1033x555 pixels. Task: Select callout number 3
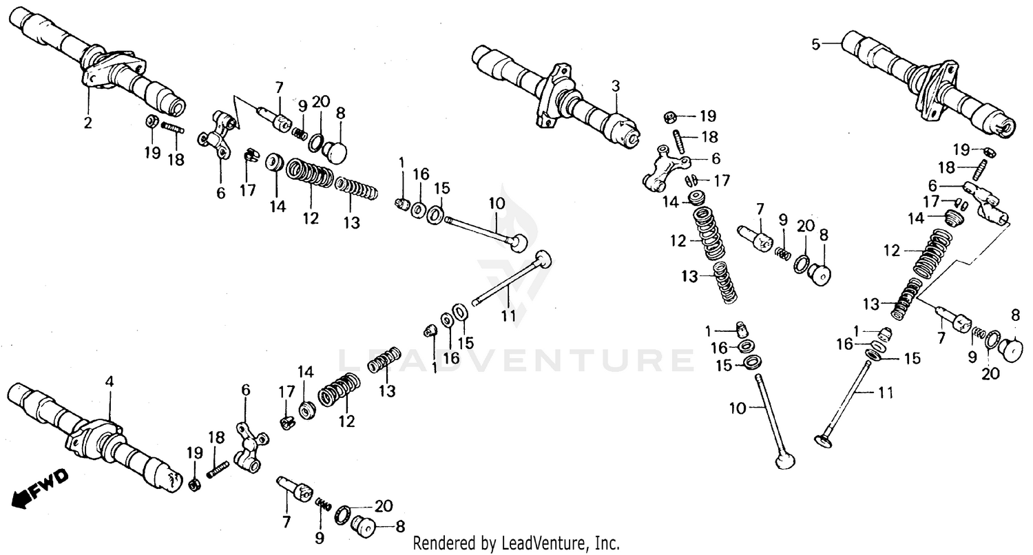(x=615, y=86)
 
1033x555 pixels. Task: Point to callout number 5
(x=816, y=44)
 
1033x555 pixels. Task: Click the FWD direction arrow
(x=41, y=485)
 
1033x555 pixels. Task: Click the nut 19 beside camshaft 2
(x=151, y=122)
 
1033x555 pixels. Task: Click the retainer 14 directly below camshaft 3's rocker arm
(x=699, y=200)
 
